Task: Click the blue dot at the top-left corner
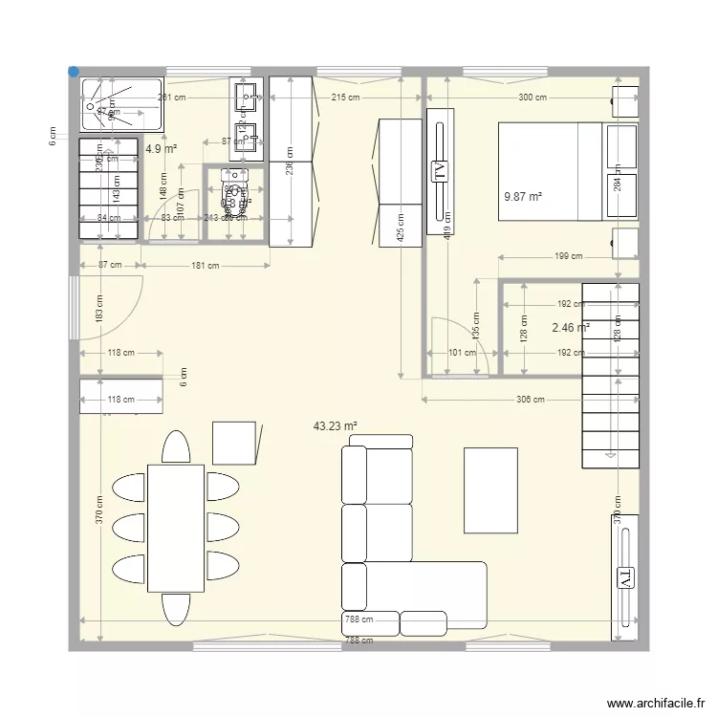[x=74, y=71]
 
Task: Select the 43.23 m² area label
[x=335, y=426]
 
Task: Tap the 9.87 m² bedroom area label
[x=522, y=197]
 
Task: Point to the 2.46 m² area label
[x=571, y=327]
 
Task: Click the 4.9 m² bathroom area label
[x=161, y=149]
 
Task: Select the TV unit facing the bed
[x=441, y=172]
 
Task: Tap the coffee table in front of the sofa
[x=491, y=489]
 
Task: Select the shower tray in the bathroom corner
[x=123, y=103]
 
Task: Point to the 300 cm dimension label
[x=532, y=98]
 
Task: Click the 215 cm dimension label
[x=345, y=98]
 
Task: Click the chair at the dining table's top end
[x=176, y=447]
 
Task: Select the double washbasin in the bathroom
[x=246, y=115]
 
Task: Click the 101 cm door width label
[x=463, y=353]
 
